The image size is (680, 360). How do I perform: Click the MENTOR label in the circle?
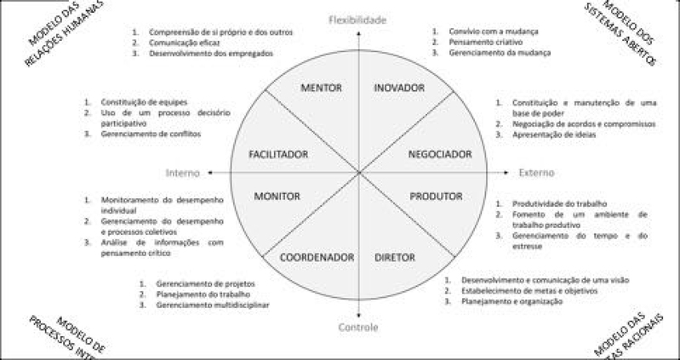[323, 88]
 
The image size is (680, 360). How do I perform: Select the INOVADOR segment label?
[397, 88]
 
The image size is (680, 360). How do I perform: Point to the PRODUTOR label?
[436, 197]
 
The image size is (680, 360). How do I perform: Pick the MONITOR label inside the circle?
[277, 197]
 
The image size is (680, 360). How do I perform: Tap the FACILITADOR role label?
[277, 154]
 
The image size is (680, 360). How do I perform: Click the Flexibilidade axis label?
[358, 19]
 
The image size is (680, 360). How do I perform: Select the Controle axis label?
[358, 327]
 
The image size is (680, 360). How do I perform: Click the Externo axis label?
[536, 173]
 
